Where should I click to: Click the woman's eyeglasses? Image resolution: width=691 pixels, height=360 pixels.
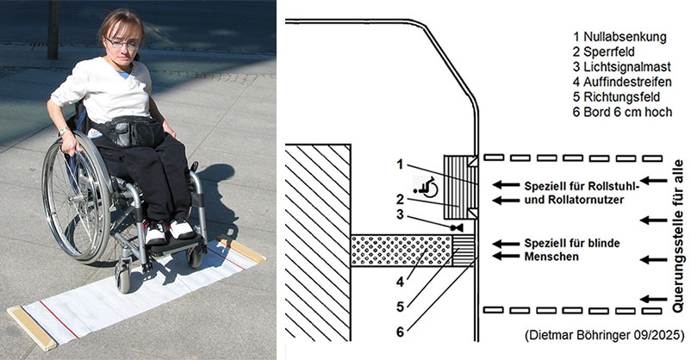(123, 42)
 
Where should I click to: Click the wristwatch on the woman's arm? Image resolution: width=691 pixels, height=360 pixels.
(64, 131)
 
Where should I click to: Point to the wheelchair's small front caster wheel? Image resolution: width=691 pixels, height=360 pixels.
(124, 279)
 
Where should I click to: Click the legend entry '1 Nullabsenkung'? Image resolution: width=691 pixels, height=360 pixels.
(619, 37)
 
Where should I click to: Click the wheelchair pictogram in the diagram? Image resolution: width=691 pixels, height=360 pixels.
(425, 184)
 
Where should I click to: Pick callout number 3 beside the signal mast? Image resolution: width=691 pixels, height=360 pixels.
(399, 214)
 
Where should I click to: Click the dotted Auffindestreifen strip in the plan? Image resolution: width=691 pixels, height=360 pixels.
(401, 248)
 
